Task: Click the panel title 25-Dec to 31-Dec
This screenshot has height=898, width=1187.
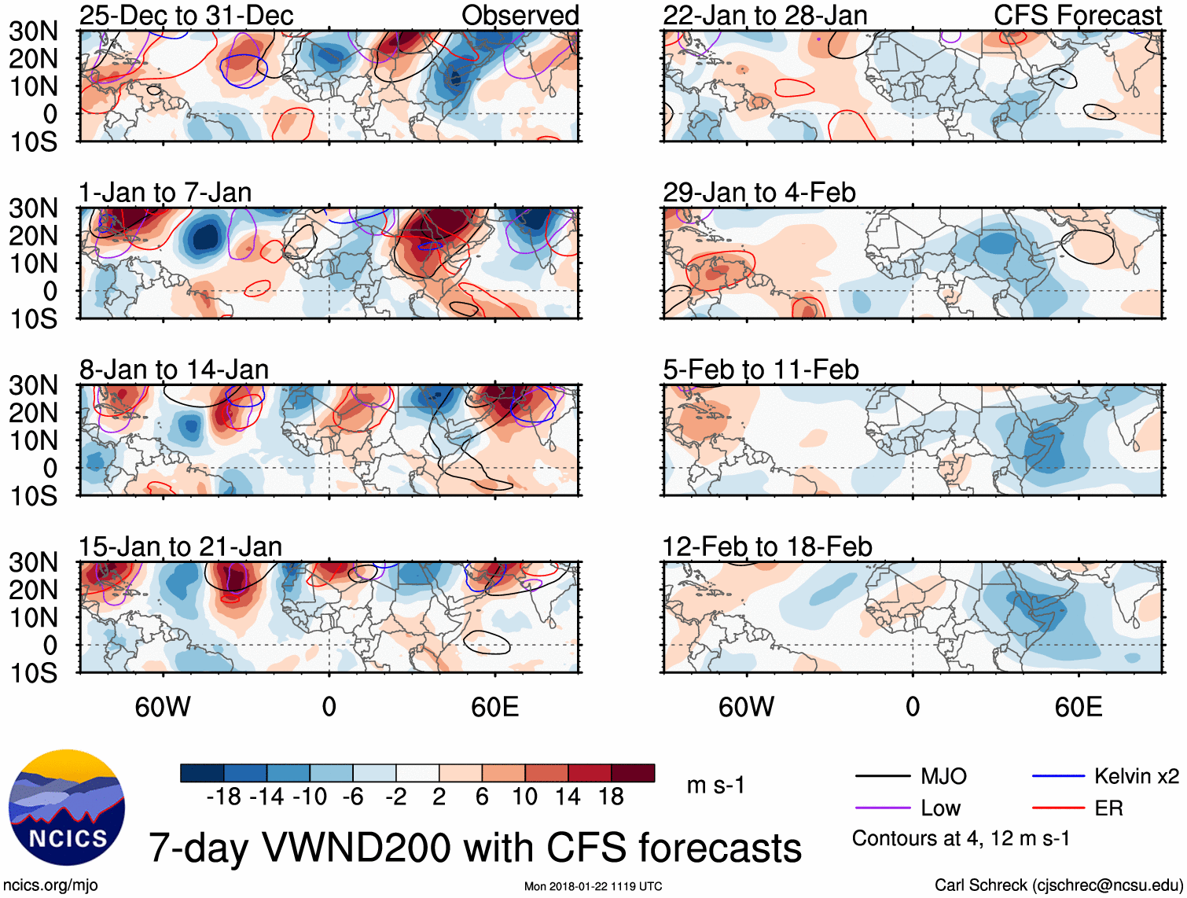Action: (x=186, y=16)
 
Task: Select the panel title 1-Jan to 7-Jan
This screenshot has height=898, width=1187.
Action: (x=165, y=193)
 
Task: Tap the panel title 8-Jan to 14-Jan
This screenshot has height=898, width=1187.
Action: (x=174, y=370)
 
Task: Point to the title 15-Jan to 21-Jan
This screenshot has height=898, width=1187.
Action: (x=180, y=547)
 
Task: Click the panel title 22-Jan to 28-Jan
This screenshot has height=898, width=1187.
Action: (x=765, y=16)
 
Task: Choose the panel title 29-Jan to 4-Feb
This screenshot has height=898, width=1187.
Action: (x=759, y=193)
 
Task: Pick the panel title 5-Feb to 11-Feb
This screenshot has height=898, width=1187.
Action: (x=761, y=370)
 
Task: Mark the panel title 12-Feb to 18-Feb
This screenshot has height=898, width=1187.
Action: (x=767, y=547)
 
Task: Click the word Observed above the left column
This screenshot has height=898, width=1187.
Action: (x=520, y=16)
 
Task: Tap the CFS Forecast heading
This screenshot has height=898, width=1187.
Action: (x=1077, y=16)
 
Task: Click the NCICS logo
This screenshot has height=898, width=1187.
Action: (x=67, y=808)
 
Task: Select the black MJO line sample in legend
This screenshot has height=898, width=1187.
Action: (x=882, y=777)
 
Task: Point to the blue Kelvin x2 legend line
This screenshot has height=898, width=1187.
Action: (x=1058, y=777)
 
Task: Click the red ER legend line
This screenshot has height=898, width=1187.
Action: (x=1058, y=808)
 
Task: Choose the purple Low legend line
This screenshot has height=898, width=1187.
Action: (x=882, y=808)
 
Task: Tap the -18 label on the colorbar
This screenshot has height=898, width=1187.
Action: (x=224, y=797)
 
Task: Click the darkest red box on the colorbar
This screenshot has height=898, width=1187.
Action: (x=633, y=773)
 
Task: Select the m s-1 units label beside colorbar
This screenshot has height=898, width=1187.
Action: (x=715, y=786)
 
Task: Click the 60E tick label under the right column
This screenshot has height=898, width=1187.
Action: (x=1078, y=707)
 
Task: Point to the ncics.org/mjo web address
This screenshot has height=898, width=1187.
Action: (x=51, y=885)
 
